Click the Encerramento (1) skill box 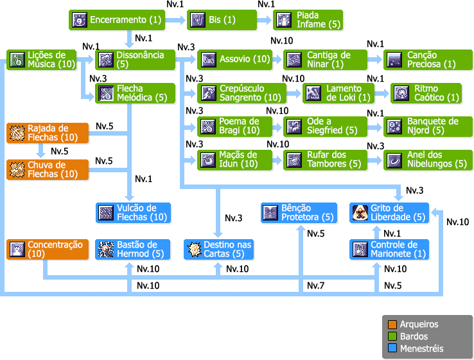[x=118, y=20]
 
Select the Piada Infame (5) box [x=308, y=20]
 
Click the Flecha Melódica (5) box [x=136, y=93]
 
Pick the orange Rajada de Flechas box [x=46, y=134]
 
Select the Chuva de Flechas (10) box [x=46, y=170]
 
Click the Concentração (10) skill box [x=46, y=249]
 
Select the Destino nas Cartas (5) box [x=218, y=249]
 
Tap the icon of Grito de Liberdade [x=360, y=213]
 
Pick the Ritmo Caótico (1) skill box [x=426, y=93]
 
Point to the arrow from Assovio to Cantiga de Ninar [x=277, y=60]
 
